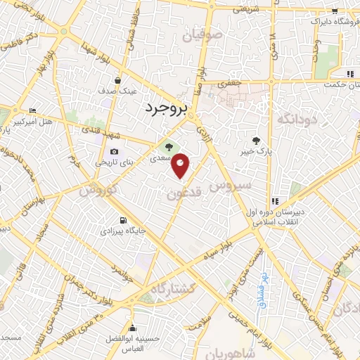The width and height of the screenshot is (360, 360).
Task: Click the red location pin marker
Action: coord(181,165)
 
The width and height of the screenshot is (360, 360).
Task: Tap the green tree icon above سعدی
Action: coord(168,147)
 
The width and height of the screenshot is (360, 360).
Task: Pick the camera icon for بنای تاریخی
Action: coord(114,152)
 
